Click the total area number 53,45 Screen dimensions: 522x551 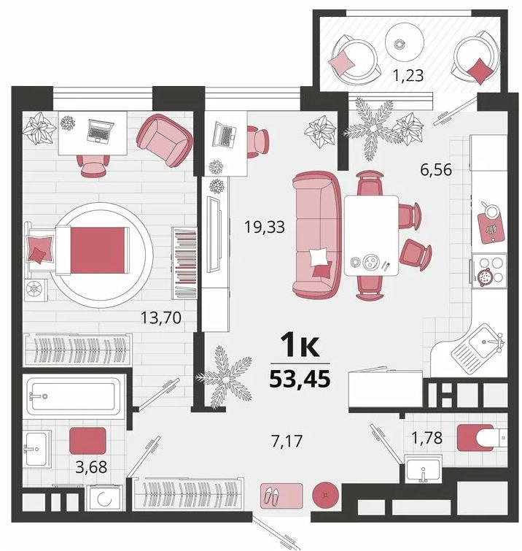coord(300,379)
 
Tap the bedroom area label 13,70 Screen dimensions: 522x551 coord(161,317)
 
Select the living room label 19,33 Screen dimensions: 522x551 coord(265,227)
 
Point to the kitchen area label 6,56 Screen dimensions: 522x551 coord(436,170)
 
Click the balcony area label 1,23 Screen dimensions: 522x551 coord(408,75)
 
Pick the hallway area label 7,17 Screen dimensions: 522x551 coord(287,442)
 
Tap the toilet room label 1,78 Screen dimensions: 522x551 coord(426,438)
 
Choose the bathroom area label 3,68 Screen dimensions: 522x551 coord(91,467)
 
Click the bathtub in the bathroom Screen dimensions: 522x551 coord(74,396)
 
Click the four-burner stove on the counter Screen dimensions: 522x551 coord(490,271)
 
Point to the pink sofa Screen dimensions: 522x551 coord(316,234)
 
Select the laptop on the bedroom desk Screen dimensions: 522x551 coord(100,131)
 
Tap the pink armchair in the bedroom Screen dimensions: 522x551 coord(164,140)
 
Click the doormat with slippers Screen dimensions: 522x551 coord(281,496)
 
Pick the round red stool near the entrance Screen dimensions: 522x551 coord(326,495)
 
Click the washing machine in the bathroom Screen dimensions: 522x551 coord(104,498)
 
